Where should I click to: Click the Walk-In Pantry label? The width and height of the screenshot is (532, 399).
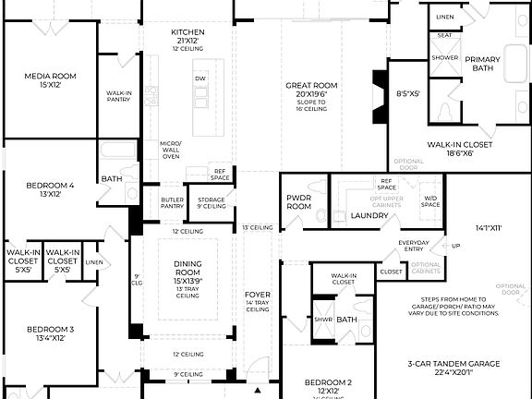click(x=118, y=97)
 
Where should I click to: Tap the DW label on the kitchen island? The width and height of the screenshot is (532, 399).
click(x=199, y=79)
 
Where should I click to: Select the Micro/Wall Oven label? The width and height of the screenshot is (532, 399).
click(x=171, y=150)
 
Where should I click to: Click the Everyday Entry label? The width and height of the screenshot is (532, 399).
click(x=414, y=247)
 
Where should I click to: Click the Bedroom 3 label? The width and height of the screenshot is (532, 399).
click(x=50, y=333)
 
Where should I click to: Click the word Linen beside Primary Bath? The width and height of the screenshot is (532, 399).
click(x=445, y=17)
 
